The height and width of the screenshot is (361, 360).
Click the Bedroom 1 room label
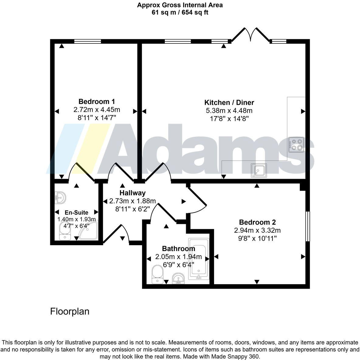point(96,101)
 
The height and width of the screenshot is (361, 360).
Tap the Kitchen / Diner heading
point(229,102)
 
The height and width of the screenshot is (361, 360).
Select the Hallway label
point(132,193)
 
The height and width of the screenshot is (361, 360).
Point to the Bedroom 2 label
point(257,222)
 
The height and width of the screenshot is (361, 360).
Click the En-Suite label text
point(76,212)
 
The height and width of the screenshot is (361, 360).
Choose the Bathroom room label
point(178,249)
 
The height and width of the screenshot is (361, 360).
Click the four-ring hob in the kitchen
point(296,145)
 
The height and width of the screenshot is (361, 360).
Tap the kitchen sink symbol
point(259,170)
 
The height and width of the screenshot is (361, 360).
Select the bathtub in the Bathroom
point(199,259)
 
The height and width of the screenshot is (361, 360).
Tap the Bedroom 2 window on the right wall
point(307,226)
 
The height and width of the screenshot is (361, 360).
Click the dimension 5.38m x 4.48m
point(229,111)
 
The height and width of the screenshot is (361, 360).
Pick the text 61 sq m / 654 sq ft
point(180,12)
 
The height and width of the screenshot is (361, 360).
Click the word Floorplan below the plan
point(70,311)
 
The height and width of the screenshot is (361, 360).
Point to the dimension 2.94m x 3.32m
point(257,230)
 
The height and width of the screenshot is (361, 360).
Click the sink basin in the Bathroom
point(178,278)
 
